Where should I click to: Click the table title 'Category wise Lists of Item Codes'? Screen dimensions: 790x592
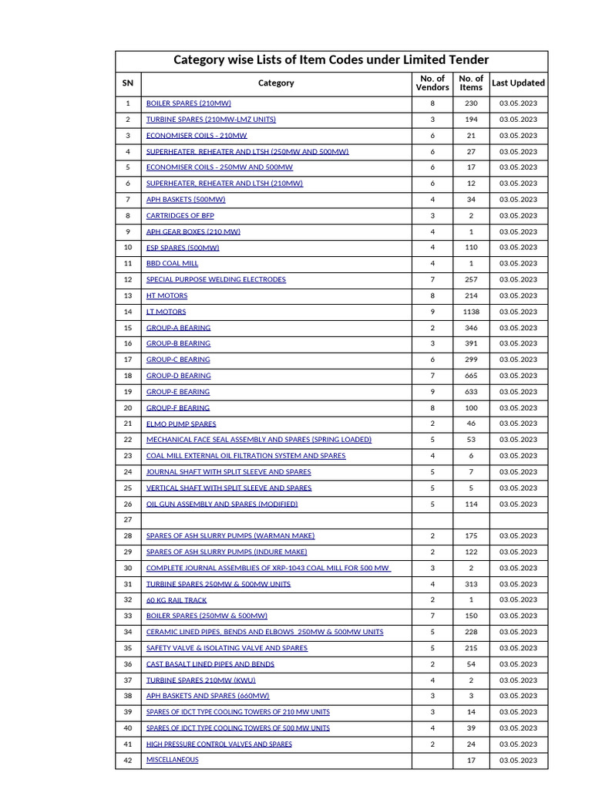331,60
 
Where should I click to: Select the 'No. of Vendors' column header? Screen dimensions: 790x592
432,83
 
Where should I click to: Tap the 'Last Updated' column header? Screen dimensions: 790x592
518,83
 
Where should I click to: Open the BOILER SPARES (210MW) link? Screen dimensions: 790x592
188,103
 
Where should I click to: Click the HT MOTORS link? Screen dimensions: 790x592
166,295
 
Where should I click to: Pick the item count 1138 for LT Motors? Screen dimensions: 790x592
471,312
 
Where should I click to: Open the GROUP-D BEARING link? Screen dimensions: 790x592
178,376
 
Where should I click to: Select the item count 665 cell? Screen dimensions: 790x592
471,376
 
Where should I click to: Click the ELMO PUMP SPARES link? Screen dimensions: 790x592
181,424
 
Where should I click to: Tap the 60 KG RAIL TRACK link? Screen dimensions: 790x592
177,599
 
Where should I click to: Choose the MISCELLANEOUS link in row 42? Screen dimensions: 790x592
172,760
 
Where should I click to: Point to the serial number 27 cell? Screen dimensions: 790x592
128,520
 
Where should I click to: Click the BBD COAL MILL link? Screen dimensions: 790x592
172,264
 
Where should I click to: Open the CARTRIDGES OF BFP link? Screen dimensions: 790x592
180,215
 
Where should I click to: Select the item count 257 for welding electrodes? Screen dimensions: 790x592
471,279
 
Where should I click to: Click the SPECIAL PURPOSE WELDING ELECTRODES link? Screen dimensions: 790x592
216,279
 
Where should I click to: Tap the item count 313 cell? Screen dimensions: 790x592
471,584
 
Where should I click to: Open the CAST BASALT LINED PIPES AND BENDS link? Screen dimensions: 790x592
210,663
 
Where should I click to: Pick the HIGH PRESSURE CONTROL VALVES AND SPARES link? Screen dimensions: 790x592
219,744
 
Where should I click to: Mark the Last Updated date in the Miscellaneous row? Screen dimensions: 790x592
518,761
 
